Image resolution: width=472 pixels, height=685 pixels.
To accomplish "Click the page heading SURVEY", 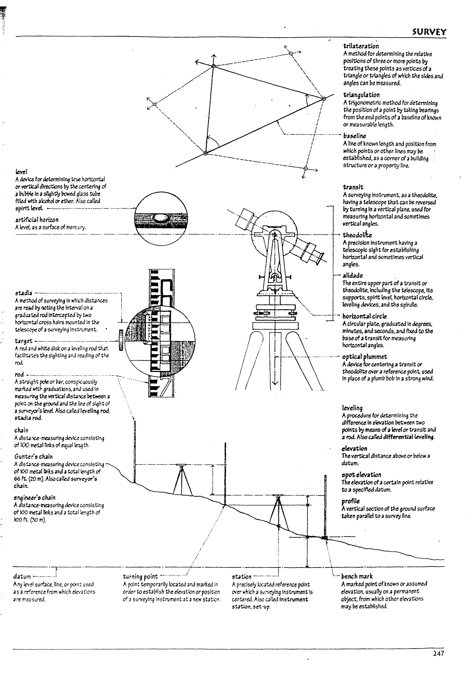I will click(x=429, y=32).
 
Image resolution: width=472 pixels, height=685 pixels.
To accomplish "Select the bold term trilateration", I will click(x=361, y=46).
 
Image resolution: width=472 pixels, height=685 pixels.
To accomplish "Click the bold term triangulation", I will click(x=361, y=95).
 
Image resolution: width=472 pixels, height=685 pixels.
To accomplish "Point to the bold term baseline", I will click(x=355, y=136).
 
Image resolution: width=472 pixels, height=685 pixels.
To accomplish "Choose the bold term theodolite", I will click(x=357, y=235).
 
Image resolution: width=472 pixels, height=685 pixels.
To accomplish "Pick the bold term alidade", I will click(x=353, y=276).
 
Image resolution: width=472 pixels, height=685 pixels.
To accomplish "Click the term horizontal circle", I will click(x=364, y=316).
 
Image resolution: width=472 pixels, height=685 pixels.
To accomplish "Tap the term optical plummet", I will click(x=364, y=357).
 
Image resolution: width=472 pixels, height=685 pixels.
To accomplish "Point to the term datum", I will click(x=22, y=576).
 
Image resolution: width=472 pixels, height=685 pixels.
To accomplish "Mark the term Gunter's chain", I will click(x=33, y=456).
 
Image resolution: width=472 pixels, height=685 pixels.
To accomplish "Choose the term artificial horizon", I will click(x=37, y=220).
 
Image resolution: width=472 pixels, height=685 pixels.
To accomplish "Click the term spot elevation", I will click(x=361, y=475).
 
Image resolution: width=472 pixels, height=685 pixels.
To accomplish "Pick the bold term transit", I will click(x=353, y=187).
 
